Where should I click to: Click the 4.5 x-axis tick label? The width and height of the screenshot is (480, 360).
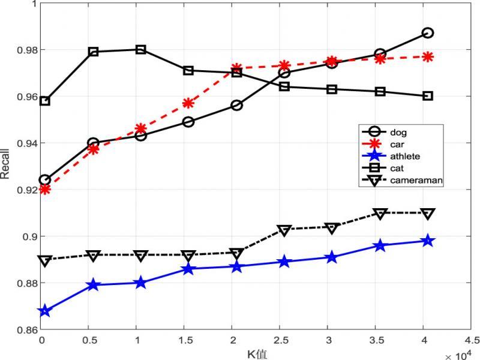point(472,340)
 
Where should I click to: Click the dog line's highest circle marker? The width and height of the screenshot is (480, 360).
point(428,33)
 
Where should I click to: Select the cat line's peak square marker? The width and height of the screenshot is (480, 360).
point(140,49)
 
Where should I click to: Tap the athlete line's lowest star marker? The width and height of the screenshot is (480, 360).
point(45,311)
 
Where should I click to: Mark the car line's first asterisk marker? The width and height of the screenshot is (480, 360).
point(45,190)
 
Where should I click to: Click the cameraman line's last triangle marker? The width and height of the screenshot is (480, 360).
point(428,214)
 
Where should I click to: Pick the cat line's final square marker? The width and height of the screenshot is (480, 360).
point(428,96)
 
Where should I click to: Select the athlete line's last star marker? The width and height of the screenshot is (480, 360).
point(428,241)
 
